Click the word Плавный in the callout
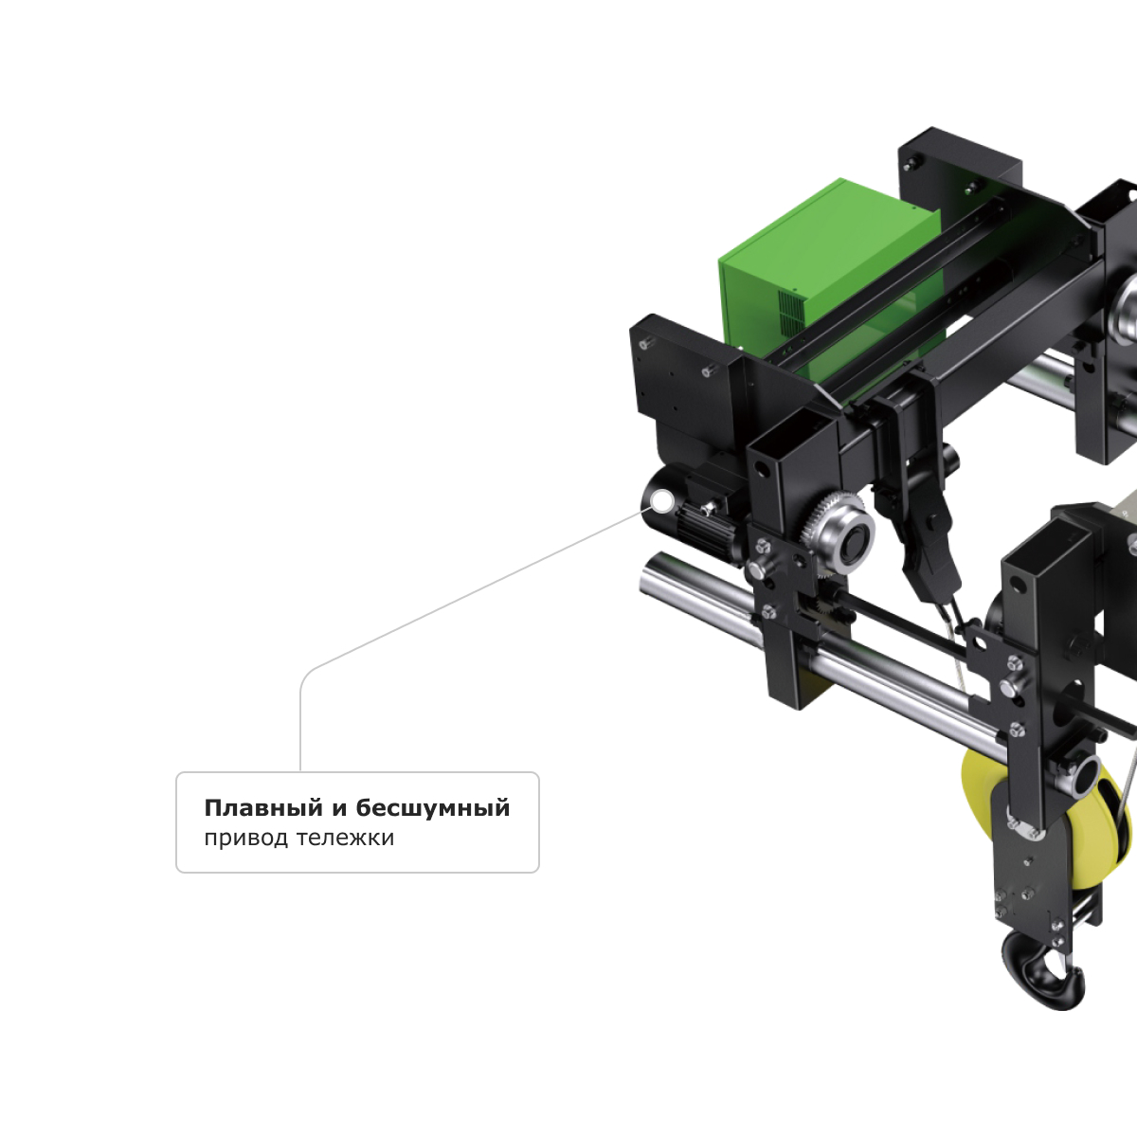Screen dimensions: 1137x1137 coord(263,808)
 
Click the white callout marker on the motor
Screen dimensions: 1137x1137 coord(662,501)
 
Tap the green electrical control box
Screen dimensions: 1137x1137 coord(826,278)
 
